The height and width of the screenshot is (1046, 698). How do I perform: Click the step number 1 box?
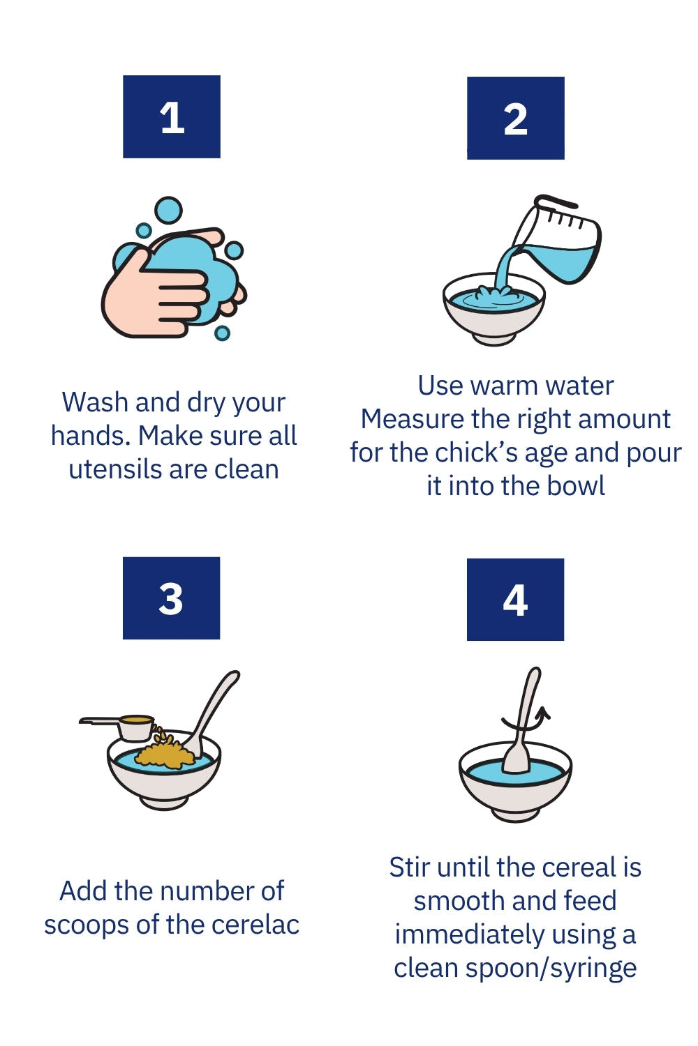[x=172, y=116]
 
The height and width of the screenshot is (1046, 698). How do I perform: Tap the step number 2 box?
[x=516, y=118]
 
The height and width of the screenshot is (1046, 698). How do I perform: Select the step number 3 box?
[x=171, y=598]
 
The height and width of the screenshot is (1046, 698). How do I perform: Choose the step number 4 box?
[x=515, y=600]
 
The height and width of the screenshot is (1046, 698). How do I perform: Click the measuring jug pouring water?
[x=556, y=241]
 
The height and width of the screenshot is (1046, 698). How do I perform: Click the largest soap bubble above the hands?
[x=168, y=211]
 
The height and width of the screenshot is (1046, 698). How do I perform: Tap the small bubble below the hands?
[x=222, y=333]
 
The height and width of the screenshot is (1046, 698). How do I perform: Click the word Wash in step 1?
[x=95, y=402]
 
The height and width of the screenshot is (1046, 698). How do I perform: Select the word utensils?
[x=115, y=469]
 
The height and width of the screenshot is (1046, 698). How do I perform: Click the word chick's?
[x=475, y=453]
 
